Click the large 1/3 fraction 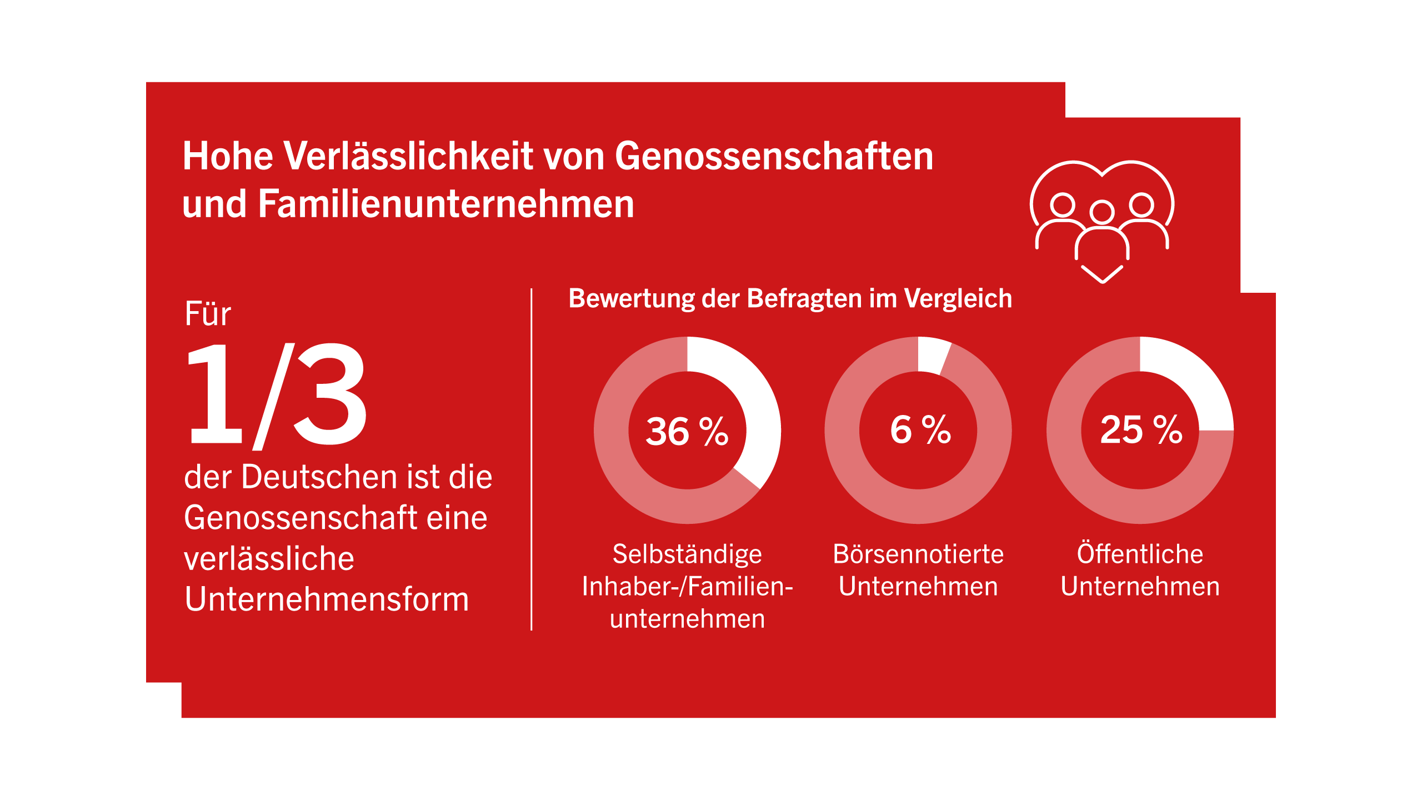pos(276,396)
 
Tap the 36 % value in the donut pos(687,431)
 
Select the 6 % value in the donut pos(920,429)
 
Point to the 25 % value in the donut pos(1141,429)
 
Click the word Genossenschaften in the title pos(774,156)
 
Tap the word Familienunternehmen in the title pos(445,204)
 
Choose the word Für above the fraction pos(208,314)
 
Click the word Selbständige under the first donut pos(687,554)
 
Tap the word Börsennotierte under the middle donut pos(918,554)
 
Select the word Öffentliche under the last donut pos(1140,553)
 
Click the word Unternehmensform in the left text pos(327,599)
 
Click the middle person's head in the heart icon pos(1102,212)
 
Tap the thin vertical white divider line pos(532,459)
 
